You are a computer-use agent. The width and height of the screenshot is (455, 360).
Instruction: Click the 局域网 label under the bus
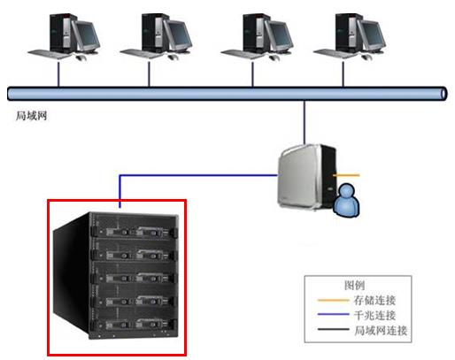31,116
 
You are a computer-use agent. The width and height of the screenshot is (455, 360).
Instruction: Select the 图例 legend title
354,285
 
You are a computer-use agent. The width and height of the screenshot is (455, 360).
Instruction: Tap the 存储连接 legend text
374,300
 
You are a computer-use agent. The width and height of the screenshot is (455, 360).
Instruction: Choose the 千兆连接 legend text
374,315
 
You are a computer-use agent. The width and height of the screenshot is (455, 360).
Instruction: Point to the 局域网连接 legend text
381,330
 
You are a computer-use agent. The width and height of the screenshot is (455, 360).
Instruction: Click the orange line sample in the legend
333,300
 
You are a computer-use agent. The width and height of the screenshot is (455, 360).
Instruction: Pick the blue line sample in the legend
333,314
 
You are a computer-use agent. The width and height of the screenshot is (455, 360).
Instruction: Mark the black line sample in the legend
333,329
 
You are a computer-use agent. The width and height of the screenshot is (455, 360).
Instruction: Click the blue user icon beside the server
346,201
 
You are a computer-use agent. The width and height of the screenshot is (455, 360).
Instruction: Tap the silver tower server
307,177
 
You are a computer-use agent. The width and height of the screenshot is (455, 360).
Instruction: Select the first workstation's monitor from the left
86,36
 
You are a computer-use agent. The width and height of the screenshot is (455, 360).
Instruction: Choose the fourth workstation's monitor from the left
371,36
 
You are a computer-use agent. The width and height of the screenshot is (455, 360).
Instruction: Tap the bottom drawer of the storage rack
135,324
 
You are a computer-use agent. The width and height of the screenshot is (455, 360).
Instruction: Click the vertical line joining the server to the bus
305,122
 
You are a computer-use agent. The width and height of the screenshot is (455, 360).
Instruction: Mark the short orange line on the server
346,175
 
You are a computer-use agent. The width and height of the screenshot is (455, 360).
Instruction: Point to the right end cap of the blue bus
443,94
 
